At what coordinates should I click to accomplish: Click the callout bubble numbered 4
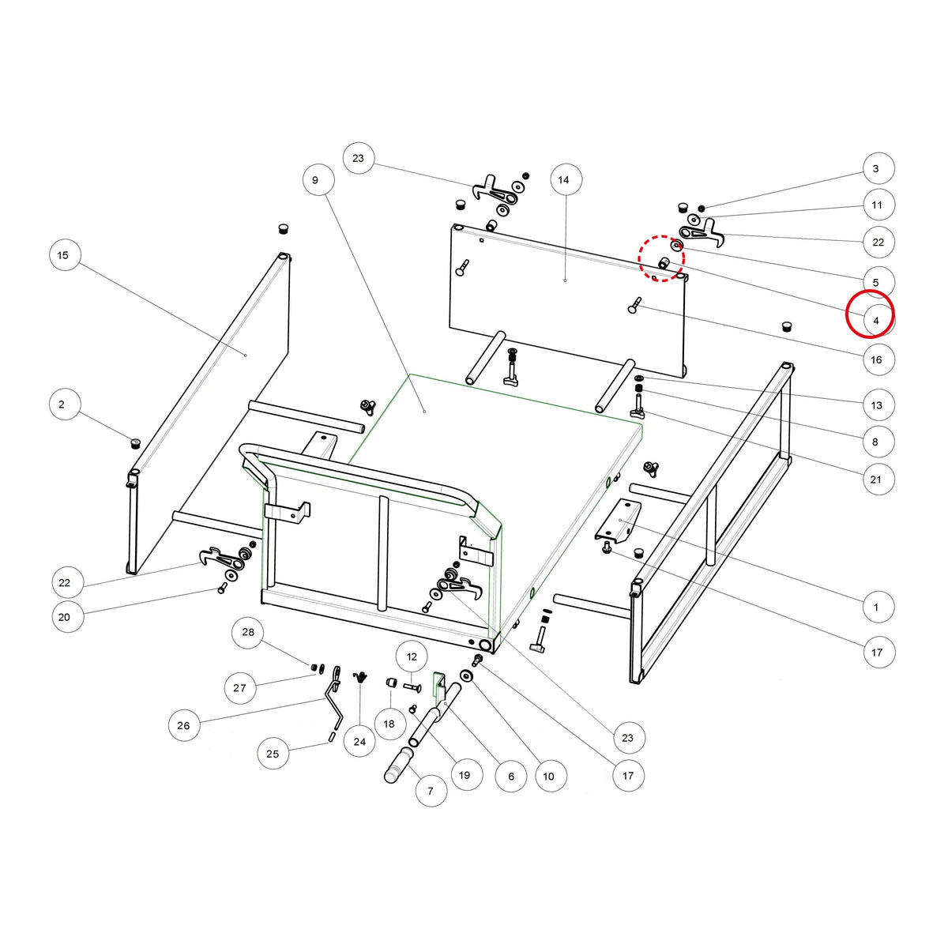click(x=875, y=321)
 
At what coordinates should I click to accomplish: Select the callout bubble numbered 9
click(x=315, y=180)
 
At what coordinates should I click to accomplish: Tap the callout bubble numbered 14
click(x=563, y=180)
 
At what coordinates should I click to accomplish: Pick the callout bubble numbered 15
click(x=63, y=255)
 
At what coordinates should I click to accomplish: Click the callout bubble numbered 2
click(x=62, y=404)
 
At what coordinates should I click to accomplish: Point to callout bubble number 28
click(x=248, y=632)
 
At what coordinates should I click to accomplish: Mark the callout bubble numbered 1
click(x=875, y=608)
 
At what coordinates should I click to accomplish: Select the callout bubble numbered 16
click(x=876, y=360)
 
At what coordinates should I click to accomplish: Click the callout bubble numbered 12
click(x=412, y=656)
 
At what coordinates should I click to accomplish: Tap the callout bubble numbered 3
click(x=875, y=169)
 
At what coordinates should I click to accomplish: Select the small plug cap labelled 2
click(x=135, y=442)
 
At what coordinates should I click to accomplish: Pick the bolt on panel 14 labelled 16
click(x=634, y=305)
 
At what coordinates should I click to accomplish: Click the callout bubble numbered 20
click(x=65, y=618)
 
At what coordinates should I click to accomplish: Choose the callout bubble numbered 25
click(x=273, y=754)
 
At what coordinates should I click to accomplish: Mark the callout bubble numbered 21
click(x=875, y=480)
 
